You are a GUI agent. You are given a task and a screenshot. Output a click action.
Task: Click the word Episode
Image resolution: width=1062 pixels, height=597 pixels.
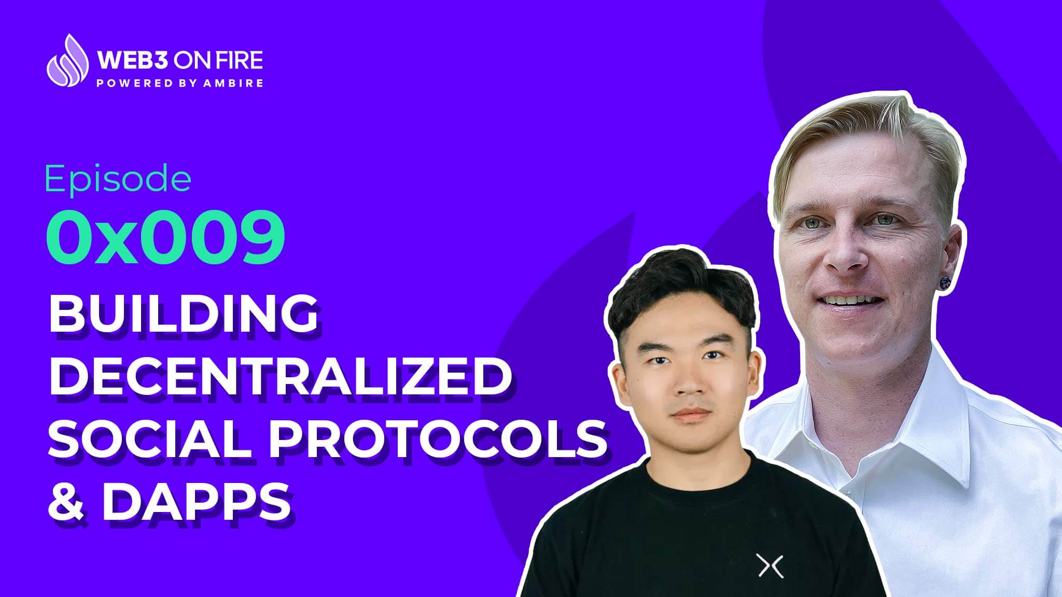118,179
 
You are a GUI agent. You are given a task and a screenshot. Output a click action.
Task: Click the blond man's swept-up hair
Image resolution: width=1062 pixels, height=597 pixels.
871,130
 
